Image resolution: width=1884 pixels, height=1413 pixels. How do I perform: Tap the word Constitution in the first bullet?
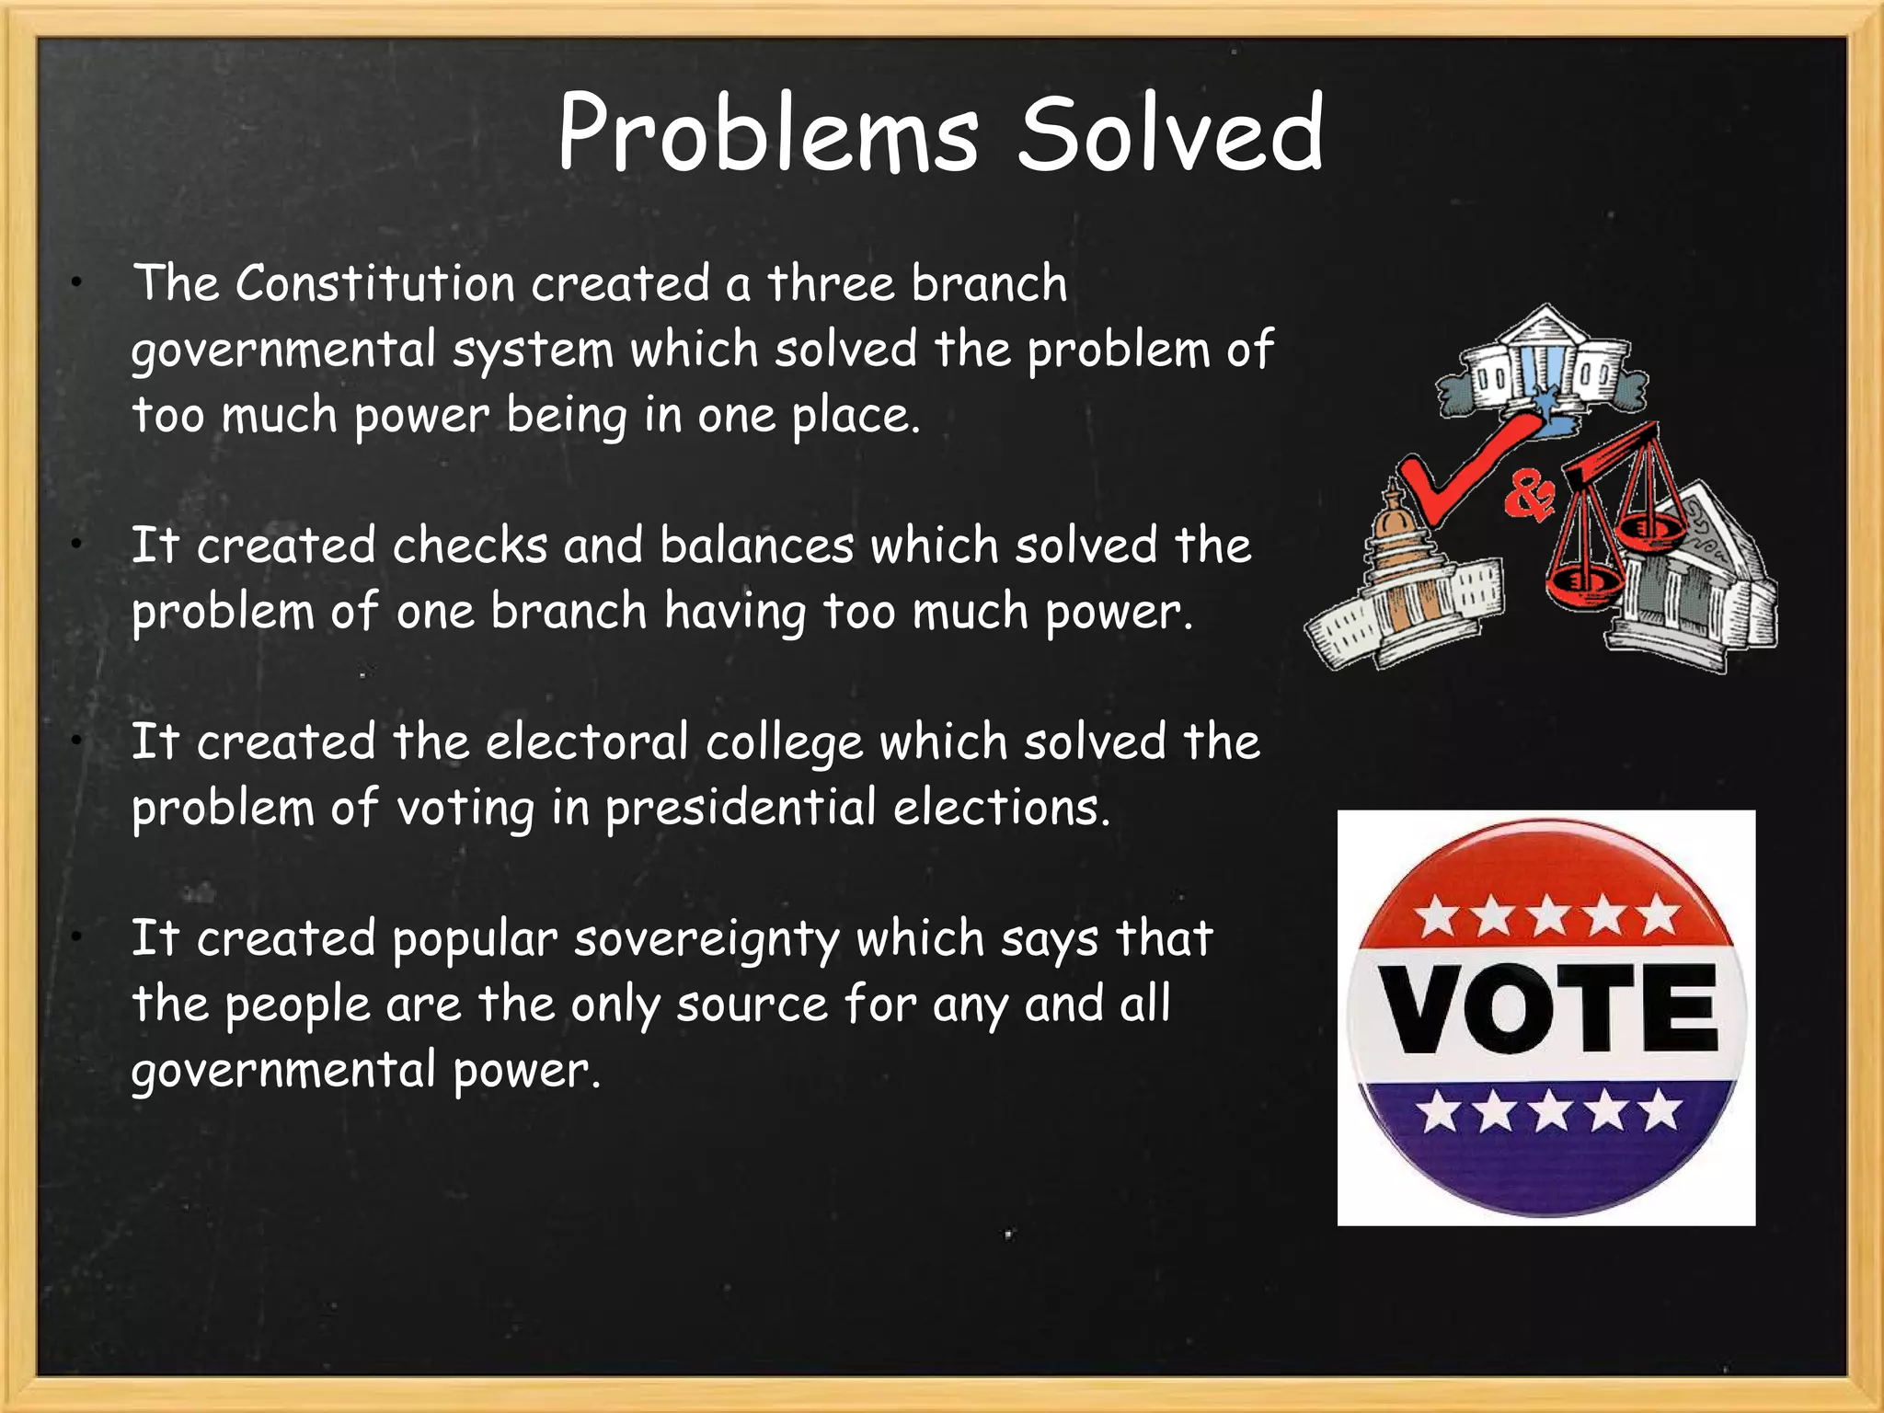tap(374, 283)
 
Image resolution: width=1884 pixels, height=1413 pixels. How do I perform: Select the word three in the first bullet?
tap(832, 283)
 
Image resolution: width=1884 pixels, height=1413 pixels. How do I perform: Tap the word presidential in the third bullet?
tap(741, 809)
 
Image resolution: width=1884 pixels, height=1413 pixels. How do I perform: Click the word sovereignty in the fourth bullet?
tap(706, 939)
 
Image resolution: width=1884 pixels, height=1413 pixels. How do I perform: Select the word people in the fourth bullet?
tap(297, 1005)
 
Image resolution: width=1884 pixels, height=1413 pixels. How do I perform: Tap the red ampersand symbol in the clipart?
tap(1529, 498)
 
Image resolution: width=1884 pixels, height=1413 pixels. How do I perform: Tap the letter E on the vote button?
tap(1680, 1009)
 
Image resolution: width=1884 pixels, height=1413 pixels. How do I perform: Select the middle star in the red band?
tap(1549, 915)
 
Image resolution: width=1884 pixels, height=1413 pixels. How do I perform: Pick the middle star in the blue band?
tap(1551, 1110)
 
